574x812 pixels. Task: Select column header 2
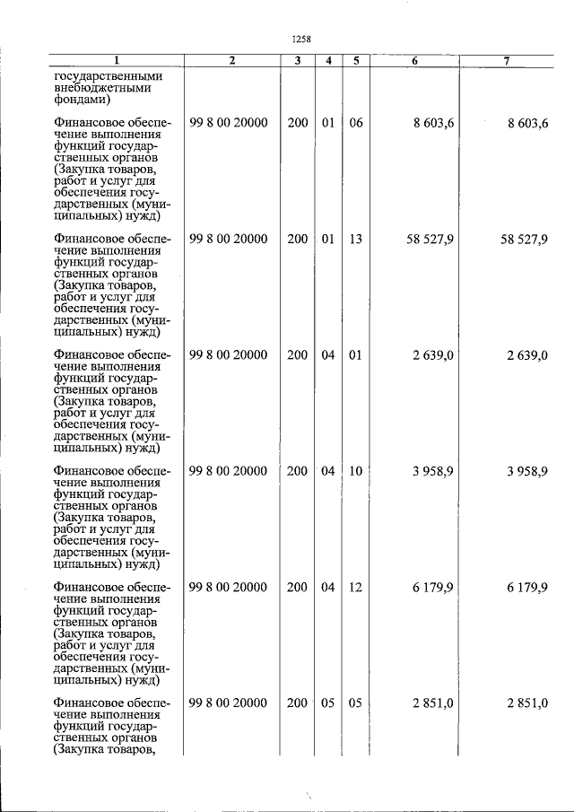231,60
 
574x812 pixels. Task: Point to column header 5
355,60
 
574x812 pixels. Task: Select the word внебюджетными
101,88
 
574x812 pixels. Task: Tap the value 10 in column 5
355,471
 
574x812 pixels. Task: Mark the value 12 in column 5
355,587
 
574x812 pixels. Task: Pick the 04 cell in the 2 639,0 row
328,355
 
